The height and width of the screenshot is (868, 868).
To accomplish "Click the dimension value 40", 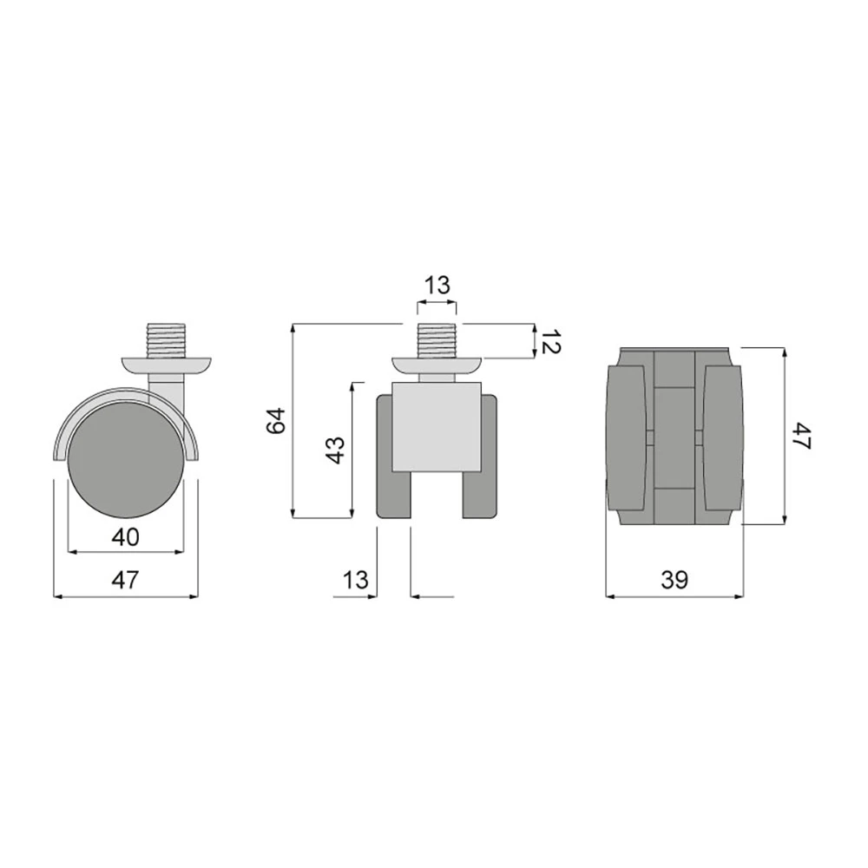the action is pos(125,536).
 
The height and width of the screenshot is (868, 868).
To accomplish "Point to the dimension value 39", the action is pos(674,580).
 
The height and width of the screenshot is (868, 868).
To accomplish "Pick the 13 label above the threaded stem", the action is pos(437,286).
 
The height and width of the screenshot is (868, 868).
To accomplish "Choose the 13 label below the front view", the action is pos(355,580).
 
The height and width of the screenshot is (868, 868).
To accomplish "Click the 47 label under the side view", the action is pos(125,580).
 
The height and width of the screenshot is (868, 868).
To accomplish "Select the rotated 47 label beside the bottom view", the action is pos(801,436).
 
